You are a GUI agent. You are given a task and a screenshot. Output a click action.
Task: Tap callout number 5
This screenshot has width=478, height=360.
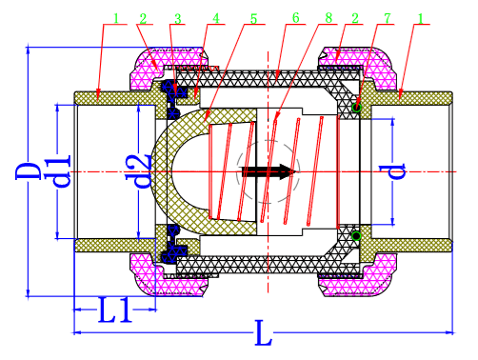(252, 18)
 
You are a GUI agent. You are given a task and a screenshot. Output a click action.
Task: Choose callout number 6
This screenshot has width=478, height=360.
(296, 18)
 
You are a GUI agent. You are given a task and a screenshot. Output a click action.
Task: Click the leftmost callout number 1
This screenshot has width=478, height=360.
(114, 18)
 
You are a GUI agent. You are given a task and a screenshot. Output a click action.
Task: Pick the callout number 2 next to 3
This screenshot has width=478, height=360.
(143, 18)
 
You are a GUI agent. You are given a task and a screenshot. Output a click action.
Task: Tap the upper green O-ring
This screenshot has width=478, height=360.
(355, 108)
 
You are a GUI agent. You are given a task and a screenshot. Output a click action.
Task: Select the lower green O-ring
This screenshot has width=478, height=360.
(355, 234)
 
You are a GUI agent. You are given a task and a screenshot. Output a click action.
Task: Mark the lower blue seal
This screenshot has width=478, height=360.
(175, 250)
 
